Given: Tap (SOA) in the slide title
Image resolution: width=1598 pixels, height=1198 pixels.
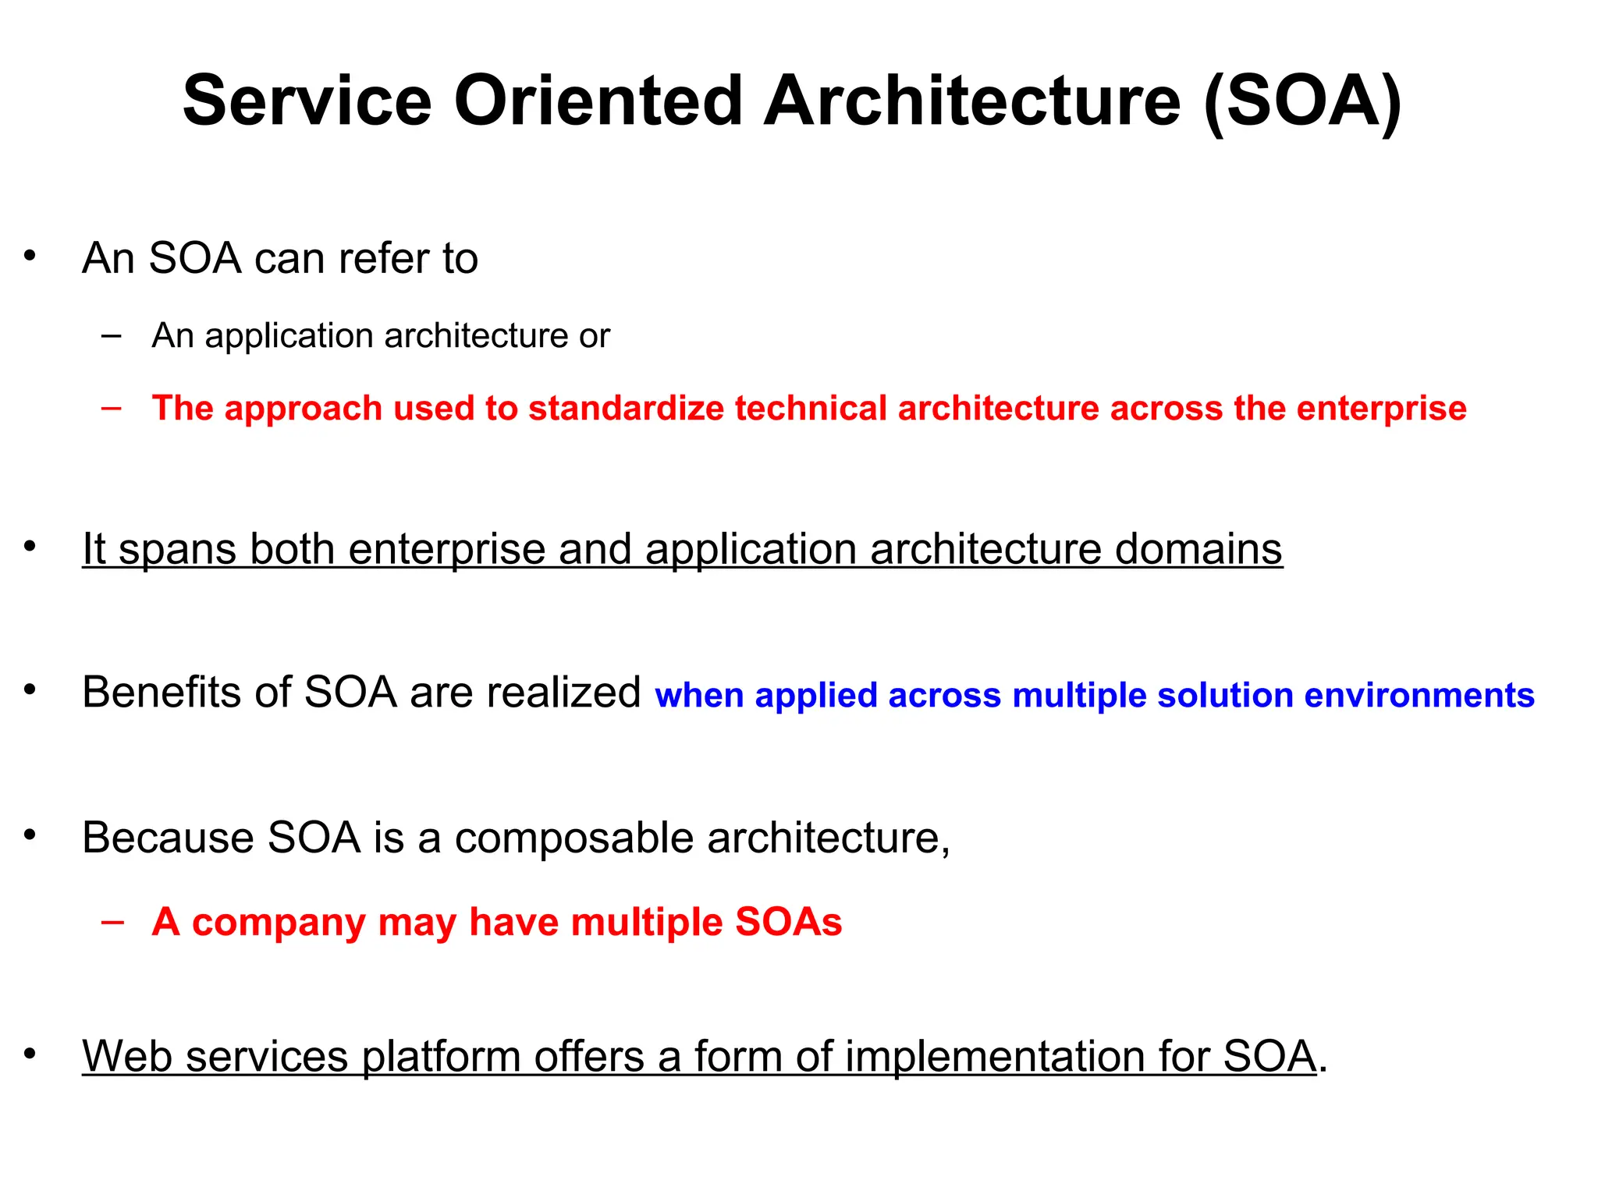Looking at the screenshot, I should tap(1302, 102).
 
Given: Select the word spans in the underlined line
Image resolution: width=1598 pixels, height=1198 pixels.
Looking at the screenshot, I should tap(177, 551).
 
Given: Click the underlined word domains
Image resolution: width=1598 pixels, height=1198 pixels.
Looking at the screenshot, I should tap(1198, 549).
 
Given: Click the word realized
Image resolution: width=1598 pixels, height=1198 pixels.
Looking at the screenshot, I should tap(564, 692).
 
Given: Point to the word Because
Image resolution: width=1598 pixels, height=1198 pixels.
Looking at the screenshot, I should tap(168, 838).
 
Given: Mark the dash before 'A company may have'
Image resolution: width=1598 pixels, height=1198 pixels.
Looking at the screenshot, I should tap(112, 921).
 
